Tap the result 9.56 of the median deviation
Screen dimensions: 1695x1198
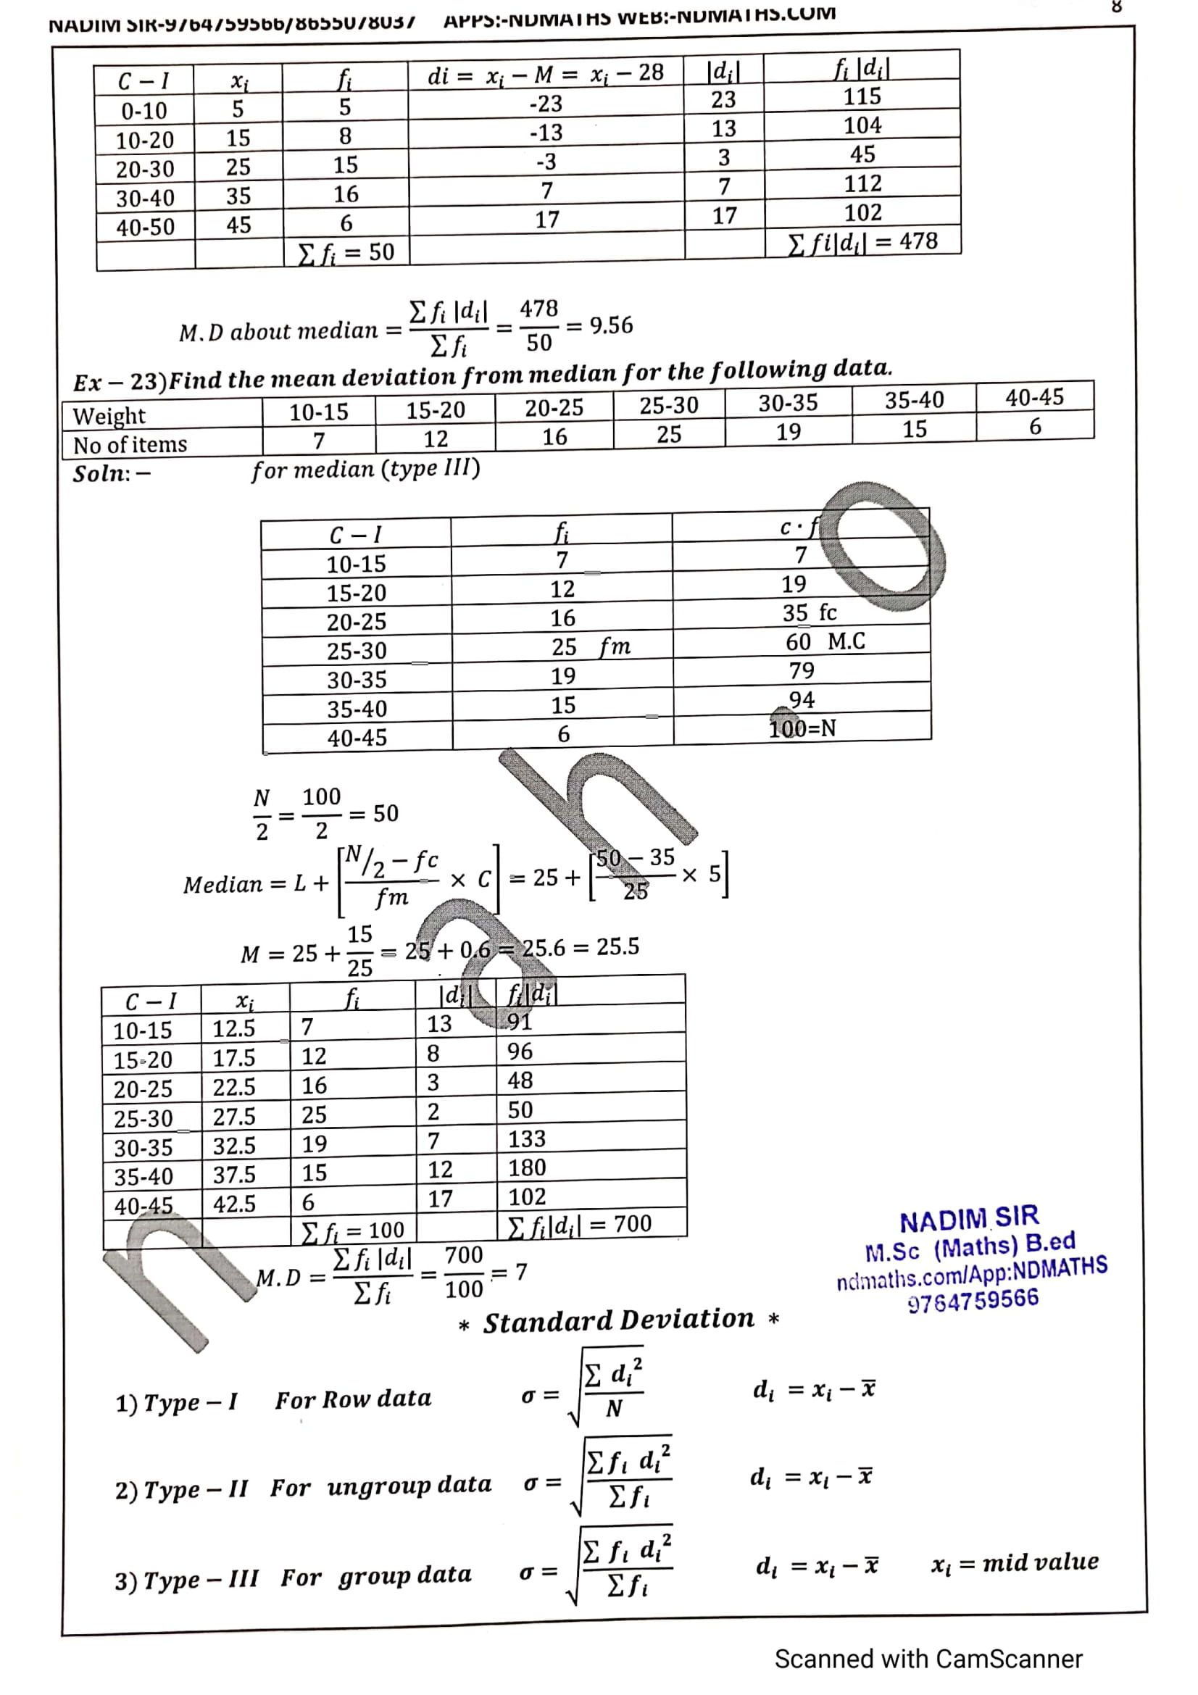pyautogui.click(x=610, y=325)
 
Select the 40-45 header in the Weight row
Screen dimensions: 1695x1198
pyautogui.click(x=1034, y=398)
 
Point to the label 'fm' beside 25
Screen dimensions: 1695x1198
pyautogui.click(x=615, y=647)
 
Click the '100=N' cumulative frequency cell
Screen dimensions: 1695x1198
pyautogui.click(x=802, y=728)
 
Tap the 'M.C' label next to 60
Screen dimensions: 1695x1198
pyautogui.click(x=846, y=641)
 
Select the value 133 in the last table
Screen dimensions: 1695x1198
pyautogui.click(x=526, y=1139)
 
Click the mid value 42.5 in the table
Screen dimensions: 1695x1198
pyautogui.click(x=234, y=1204)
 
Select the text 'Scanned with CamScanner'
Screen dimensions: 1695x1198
pyautogui.click(x=928, y=1659)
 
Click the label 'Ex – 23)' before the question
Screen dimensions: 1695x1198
pyautogui.click(x=120, y=382)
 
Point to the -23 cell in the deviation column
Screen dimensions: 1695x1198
pyautogui.click(x=546, y=104)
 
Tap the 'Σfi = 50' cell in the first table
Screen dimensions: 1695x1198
pyautogui.click(x=346, y=252)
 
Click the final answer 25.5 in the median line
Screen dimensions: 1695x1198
pyautogui.click(x=617, y=946)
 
